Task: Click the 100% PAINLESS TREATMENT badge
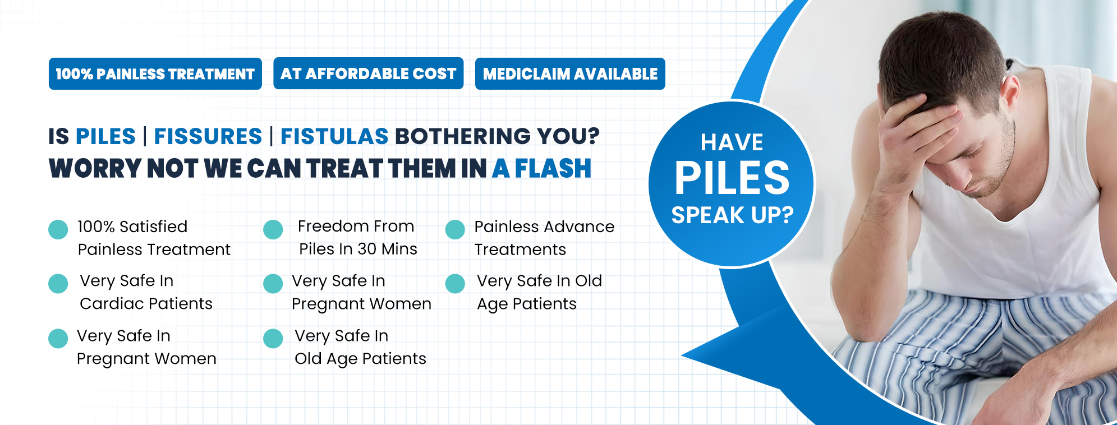[155, 73]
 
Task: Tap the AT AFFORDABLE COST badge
[368, 73]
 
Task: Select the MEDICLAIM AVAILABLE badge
[570, 73]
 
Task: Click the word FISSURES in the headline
[208, 136]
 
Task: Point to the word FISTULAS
[334, 136]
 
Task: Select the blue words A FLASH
[541, 168]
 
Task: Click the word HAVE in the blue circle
[732, 142]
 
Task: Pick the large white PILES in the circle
[732, 178]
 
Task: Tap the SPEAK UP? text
[732, 215]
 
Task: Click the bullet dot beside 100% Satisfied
[58, 229]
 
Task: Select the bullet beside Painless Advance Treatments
[455, 229]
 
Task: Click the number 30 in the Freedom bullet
[367, 249]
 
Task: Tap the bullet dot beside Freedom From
[273, 229]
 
